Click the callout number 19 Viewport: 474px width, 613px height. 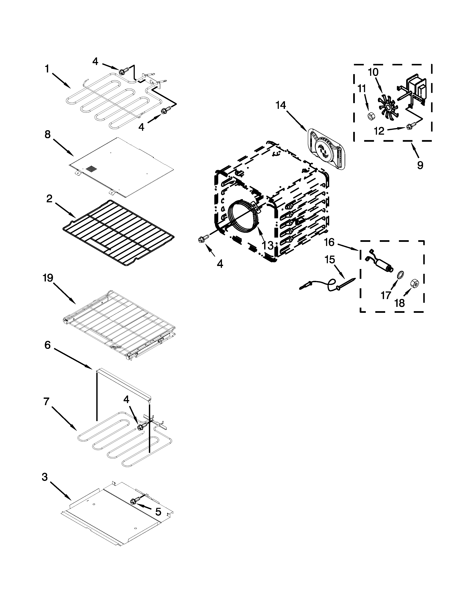click(x=48, y=278)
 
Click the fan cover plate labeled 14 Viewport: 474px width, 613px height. click(x=326, y=149)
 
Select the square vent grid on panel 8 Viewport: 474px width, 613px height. click(x=91, y=169)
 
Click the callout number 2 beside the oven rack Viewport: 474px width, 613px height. click(x=49, y=199)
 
